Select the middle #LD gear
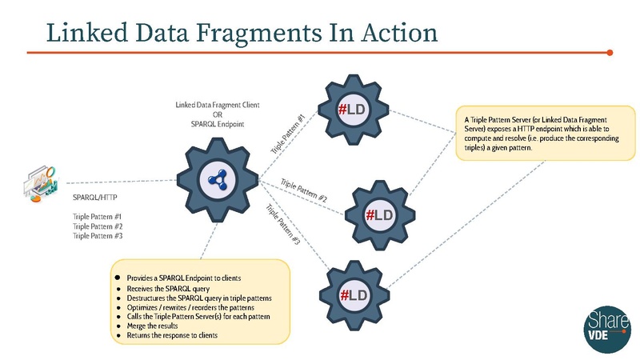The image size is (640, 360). (379, 214)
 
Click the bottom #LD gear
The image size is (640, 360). (355, 296)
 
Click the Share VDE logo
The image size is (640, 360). (601, 326)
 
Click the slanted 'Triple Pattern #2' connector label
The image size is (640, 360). (304, 191)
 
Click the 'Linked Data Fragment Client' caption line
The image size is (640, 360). (217, 105)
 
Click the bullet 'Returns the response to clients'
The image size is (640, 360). (172, 336)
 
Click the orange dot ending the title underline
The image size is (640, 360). (610, 53)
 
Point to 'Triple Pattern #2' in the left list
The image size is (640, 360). (97, 226)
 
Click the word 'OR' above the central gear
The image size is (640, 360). (217, 114)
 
